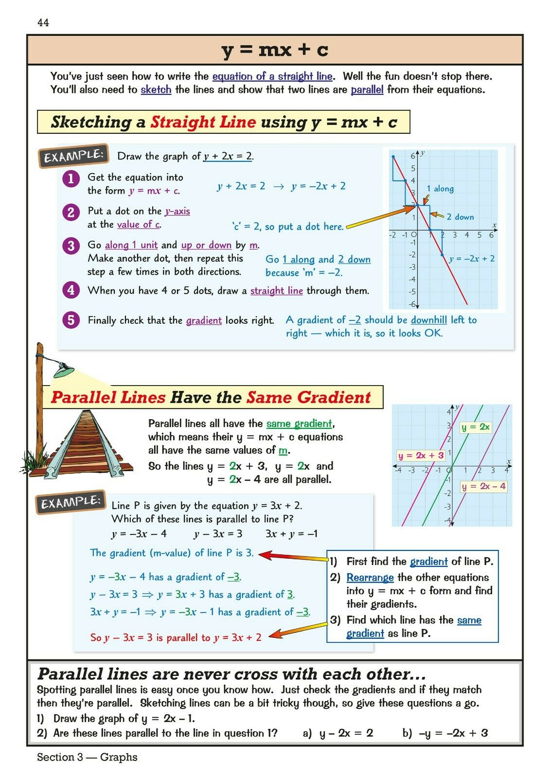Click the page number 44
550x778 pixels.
click(x=43, y=23)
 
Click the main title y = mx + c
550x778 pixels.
click(x=275, y=50)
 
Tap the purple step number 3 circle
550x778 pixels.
click(x=71, y=246)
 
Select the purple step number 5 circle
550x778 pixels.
click(x=71, y=320)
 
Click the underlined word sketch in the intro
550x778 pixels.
click(x=156, y=89)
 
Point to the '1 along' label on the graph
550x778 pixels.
click(x=440, y=189)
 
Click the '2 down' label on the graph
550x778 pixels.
click(x=460, y=217)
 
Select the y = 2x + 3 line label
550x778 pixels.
click(x=421, y=456)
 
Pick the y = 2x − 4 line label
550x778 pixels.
click(x=483, y=486)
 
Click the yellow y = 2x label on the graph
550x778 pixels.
click(x=476, y=427)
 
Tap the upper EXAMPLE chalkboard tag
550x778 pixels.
click(x=73, y=156)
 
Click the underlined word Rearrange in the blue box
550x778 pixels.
click(x=370, y=578)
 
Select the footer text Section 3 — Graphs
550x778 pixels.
click(x=87, y=757)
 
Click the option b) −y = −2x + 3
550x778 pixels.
click(x=445, y=733)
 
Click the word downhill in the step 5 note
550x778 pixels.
click(x=428, y=320)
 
